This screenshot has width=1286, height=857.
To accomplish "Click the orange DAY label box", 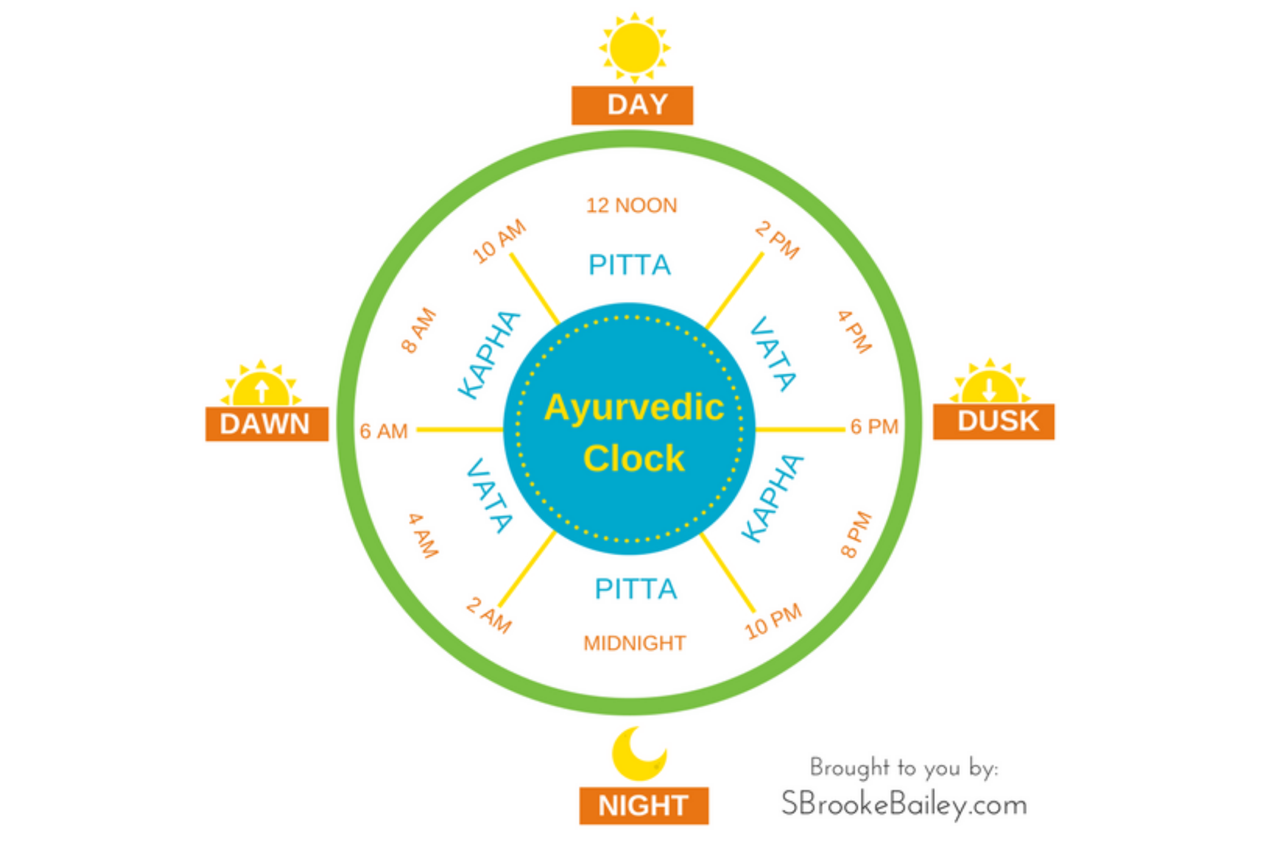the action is (x=632, y=105).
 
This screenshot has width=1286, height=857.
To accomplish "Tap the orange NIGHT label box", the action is (x=644, y=806).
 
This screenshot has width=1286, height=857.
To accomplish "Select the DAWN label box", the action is (x=267, y=424).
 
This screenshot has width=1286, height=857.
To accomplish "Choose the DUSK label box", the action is (x=993, y=422).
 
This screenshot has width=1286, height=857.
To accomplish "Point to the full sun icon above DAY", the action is (x=634, y=47).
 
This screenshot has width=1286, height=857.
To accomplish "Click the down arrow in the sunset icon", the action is (x=989, y=389).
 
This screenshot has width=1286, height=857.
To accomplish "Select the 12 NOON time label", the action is (x=632, y=206).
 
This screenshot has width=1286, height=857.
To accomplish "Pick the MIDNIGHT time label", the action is (x=634, y=643).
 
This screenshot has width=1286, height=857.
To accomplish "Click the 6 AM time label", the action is (x=384, y=431).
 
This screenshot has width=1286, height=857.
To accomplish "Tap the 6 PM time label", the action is (x=874, y=427).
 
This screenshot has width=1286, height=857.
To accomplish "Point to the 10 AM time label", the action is (x=499, y=242).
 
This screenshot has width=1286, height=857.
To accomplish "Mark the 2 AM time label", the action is (x=489, y=615).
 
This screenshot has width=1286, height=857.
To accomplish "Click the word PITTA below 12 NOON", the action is (x=629, y=265).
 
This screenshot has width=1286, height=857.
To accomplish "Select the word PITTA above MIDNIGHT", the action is (x=636, y=589).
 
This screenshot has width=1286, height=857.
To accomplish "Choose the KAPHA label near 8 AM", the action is (x=489, y=355).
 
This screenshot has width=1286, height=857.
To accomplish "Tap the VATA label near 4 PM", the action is (x=773, y=354).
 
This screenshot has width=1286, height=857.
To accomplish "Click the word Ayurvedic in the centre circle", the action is (x=634, y=408).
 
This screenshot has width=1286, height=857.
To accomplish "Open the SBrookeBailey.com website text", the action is (x=904, y=805).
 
